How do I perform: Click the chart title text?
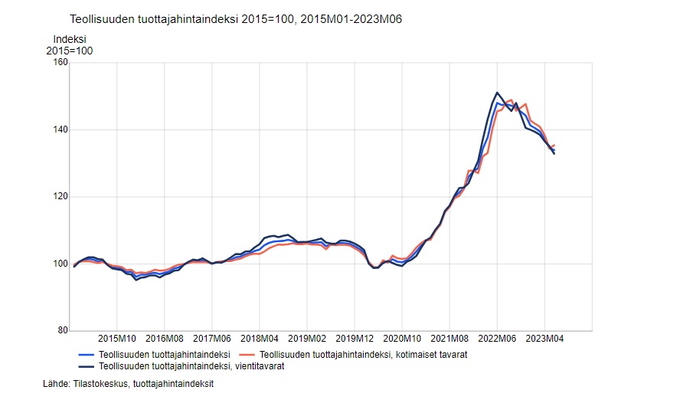coord(235,18)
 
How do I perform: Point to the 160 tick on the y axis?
coord(60,63)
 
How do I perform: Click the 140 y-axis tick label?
coord(60,130)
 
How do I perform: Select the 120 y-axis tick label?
coord(60,197)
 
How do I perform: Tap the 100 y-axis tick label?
coord(60,264)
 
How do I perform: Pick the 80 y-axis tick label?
coord(62,331)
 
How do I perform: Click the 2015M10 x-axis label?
coord(116,338)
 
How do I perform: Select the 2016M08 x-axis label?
coord(165,338)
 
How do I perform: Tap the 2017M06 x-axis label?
coord(212,338)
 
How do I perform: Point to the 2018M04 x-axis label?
coord(260,338)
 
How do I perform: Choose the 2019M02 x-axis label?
coord(307,338)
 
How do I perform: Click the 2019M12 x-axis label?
coord(355,338)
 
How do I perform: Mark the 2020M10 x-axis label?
coord(402,338)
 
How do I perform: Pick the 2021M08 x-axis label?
coord(450,338)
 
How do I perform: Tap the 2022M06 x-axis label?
coord(497,338)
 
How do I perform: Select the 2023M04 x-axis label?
coord(544,338)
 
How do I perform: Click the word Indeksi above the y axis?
coord(69,39)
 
